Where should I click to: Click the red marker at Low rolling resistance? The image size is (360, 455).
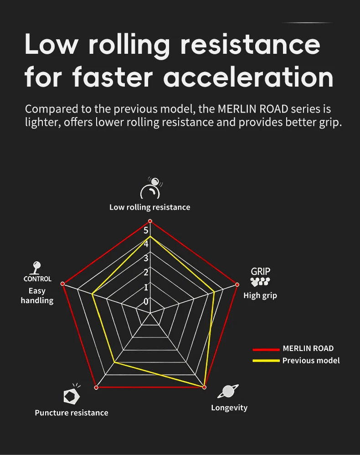point(150,221)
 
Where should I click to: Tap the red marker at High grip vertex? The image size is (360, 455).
point(237,284)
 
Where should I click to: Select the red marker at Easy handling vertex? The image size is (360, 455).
point(63,284)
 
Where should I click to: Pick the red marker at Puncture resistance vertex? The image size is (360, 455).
point(96,388)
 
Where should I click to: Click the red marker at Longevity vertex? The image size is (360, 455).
point(204,387)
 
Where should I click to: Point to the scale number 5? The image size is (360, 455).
point(146,230)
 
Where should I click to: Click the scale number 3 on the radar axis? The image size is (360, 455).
point(146,258)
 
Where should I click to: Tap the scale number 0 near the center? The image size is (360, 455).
point(146,301)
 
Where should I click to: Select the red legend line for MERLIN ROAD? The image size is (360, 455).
point(266,349)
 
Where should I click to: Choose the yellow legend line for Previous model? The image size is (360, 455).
point(266,361)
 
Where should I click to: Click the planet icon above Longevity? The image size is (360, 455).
point(228,391)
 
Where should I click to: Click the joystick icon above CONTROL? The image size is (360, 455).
point(36,268)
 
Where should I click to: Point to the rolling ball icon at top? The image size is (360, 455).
point(151,188)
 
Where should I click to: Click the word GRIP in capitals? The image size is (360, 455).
point(261,272)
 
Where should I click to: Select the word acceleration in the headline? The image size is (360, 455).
point(248,77)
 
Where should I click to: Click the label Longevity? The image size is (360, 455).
point(229,408)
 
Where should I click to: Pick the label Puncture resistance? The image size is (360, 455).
point(72,413)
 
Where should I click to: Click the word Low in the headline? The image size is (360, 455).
point(51,44)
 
